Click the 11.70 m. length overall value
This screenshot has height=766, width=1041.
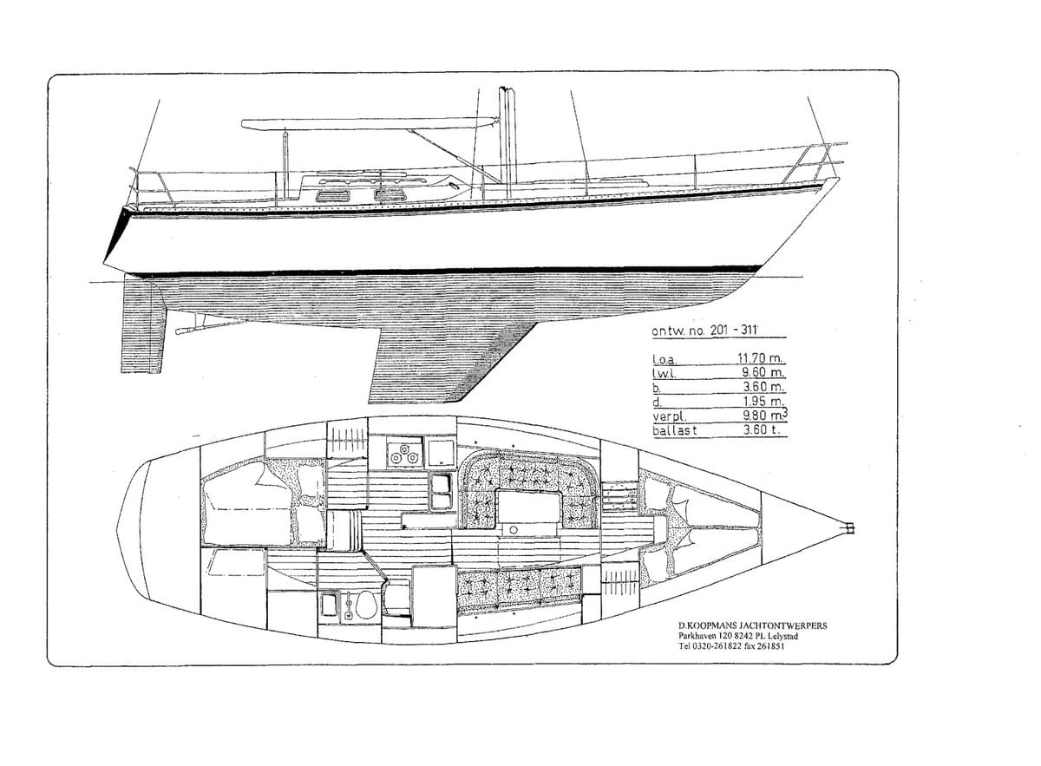pos(760,358)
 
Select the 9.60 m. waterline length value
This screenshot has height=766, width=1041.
pos(763,372)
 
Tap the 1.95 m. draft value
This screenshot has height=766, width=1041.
pos(763,401)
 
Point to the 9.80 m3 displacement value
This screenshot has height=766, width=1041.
pos(765,414)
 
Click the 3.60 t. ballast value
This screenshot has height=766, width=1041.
pos(761,429)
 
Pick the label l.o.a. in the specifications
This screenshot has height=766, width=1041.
pos(665,359)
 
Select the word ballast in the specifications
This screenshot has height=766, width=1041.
pos(675,430)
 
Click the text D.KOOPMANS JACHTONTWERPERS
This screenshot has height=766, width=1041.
pos(752,625)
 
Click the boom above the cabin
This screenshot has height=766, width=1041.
pos(370,123)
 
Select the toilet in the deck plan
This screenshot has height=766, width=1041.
pos(363,605)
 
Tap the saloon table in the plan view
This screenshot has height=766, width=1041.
pos(529,508)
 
